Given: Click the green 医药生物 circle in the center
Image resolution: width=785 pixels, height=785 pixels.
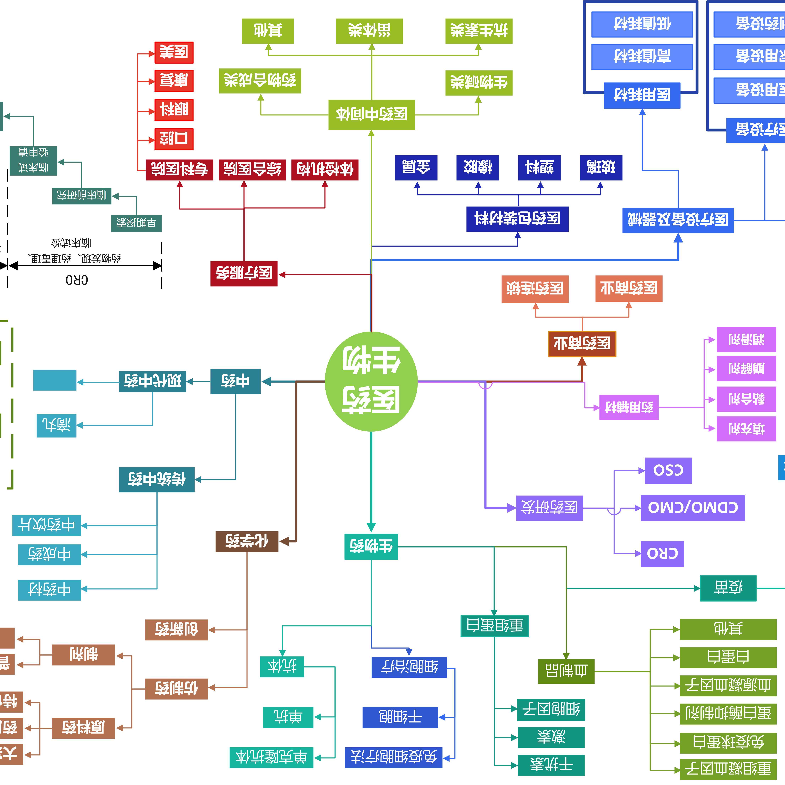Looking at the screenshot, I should pyautogui.click(x=371, y=381).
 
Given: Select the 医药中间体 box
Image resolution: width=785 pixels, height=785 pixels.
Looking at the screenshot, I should pyautogui.click(x=371, y=115).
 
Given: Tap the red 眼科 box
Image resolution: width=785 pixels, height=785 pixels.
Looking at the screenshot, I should pyautogui.click(x=174, y=110).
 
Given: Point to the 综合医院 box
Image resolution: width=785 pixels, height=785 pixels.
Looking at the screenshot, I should pyautogui.click(x=252, y=169).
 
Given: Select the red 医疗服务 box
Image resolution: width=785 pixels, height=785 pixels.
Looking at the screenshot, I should pyautogui.click(x=244, y=274).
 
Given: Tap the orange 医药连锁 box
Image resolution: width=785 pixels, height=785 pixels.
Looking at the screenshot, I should pyautogui.click(x=535, y=289).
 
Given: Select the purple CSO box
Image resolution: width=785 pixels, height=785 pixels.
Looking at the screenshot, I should pyautogui.click(x=668, y=470).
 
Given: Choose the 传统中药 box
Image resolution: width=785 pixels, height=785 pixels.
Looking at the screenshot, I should pyautogui.click(x=157, y=479).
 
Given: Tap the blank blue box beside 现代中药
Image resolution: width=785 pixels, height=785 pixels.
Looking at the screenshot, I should pyautogui.click(x=55, y=380).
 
